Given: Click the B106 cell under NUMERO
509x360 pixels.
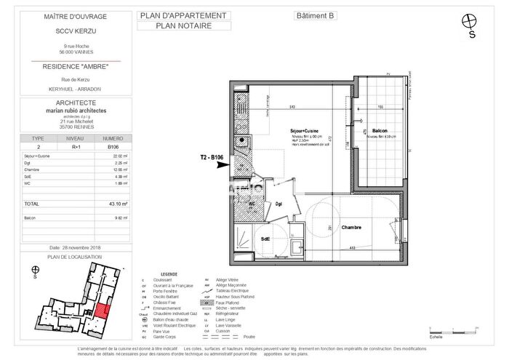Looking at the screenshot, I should point(111,146).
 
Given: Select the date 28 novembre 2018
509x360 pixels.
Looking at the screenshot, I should point(74,247).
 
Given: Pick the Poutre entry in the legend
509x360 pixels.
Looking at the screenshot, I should point(249,337).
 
